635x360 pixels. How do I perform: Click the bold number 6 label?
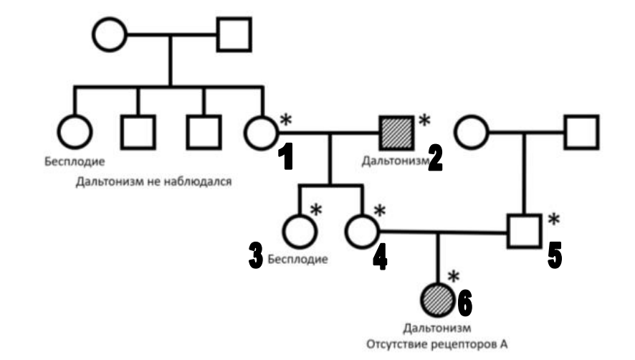pyautogui.click(x=465, y=303)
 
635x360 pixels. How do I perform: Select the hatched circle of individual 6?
pyautogui.click(x=438, y=299)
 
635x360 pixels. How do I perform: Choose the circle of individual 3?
pyautogui.click(x=300, y=232)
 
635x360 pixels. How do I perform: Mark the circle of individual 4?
pyautogui.click(x=362, y=232)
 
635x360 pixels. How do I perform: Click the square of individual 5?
pyautogui.click(x=525, y=232)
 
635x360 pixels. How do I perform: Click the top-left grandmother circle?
pyautogui.click(x=109, y=34)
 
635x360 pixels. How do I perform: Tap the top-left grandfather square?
pyautogui.click(x=234, y=34)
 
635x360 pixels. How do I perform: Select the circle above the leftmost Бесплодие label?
pyautogui.click(x=75, y=132)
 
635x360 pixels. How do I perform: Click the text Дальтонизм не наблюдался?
pyautogui.click(x=153, y=182)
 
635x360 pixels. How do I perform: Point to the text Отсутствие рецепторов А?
pyautogui.click(x=438, y=344)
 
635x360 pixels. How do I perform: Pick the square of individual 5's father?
pyautogui.click(x=581, y=132)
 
